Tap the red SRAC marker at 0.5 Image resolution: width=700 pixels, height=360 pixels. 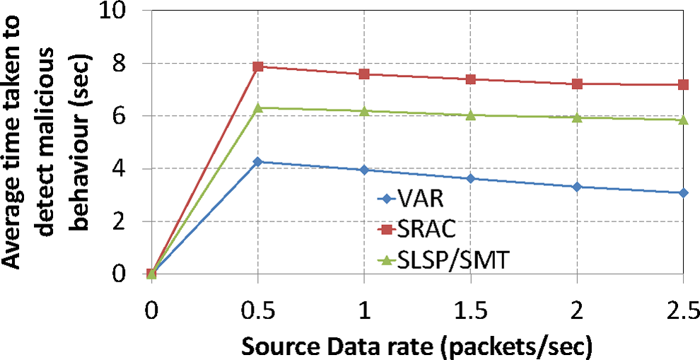(258, 66)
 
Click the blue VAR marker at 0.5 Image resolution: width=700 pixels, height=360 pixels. (258, 162)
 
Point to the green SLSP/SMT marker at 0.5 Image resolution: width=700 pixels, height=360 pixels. (258, 108)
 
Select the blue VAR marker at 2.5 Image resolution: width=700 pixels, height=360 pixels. (683, 192)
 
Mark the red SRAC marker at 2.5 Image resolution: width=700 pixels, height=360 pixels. (683, 85)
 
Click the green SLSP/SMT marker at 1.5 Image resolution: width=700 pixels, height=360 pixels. (471, 115)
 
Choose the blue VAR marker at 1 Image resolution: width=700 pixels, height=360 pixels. (364, 170)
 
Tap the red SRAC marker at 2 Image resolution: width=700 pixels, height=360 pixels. (577, 84)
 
